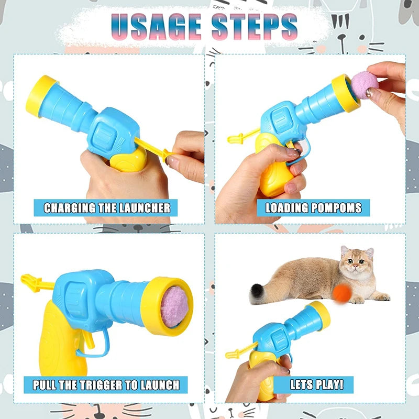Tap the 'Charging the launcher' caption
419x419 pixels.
pyautogui.click(x=107, y=208)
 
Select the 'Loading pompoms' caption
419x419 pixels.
pyautogui.click(x=313, y=208)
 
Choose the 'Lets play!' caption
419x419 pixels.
pyautogui.click(x=317, y=385)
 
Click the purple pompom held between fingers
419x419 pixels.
pyautogui.click(x=365, y=85)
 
